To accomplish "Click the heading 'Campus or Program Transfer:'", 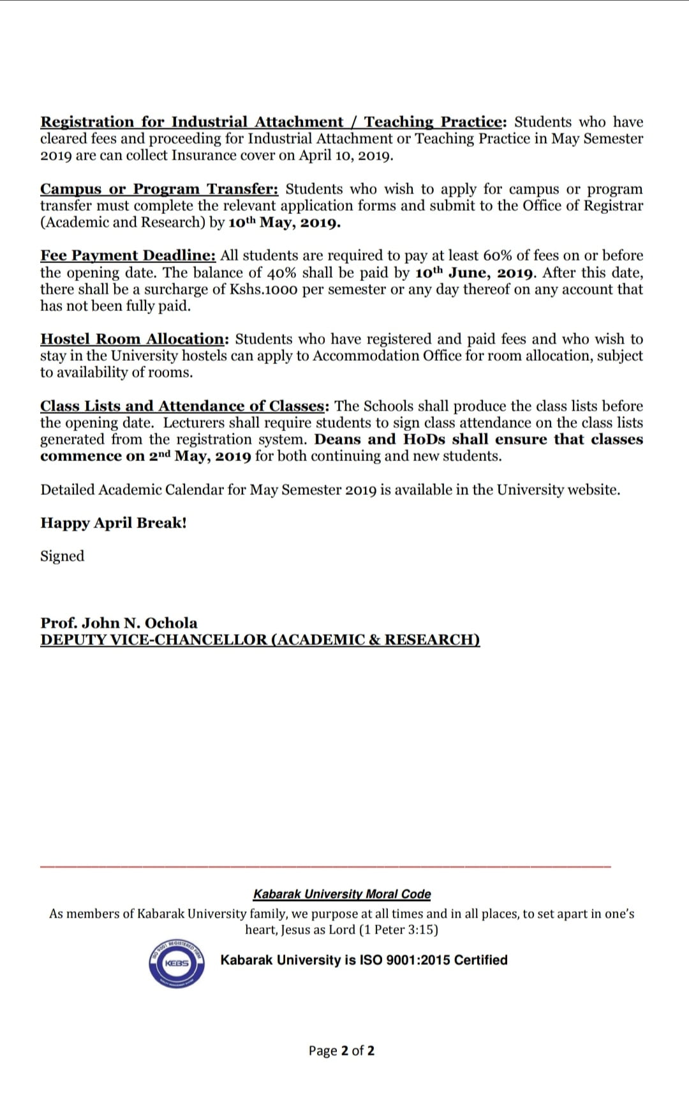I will point(159,190).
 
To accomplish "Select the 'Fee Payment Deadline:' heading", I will point(128,256).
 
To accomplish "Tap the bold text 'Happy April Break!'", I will point(114,523).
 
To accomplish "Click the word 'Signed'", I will point(63,556).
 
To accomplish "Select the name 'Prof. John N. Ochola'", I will point(119,623).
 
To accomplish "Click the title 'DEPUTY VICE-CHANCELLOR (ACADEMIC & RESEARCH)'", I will point(260,640).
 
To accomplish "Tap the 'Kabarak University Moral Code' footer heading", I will point(342,894).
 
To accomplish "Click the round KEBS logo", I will point(177,962).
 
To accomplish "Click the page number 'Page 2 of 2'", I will point(341,1050).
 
